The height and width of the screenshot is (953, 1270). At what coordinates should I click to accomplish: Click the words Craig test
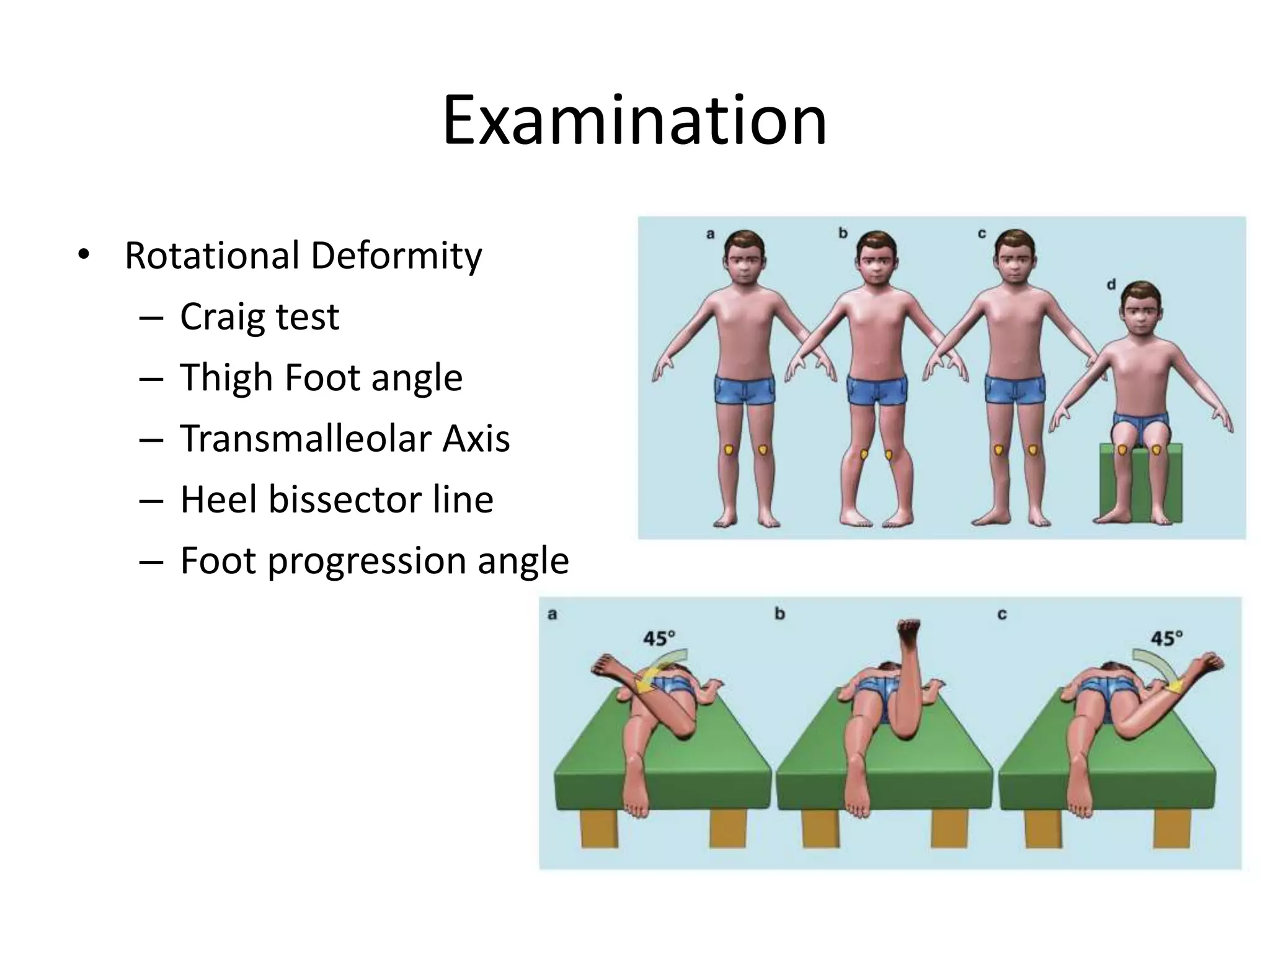point(259,317)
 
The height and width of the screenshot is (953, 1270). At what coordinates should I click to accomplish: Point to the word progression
point(367,561)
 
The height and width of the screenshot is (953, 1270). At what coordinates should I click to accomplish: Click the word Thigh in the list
point(226,378)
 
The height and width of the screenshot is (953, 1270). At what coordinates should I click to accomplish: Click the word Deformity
point(396,256)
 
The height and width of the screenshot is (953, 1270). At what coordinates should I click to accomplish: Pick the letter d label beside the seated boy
point(1111,285)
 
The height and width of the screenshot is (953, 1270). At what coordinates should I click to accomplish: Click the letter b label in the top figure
point(843,234)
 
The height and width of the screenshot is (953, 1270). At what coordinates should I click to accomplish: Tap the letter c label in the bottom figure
point(1001,615)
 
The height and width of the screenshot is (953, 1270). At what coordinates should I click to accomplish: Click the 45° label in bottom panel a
point(659,638)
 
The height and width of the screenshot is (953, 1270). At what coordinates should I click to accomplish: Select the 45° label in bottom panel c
point(1166,638)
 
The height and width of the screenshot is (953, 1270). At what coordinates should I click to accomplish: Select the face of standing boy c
point(1014,260)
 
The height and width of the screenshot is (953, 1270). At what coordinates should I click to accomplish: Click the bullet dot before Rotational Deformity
point(83,255)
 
